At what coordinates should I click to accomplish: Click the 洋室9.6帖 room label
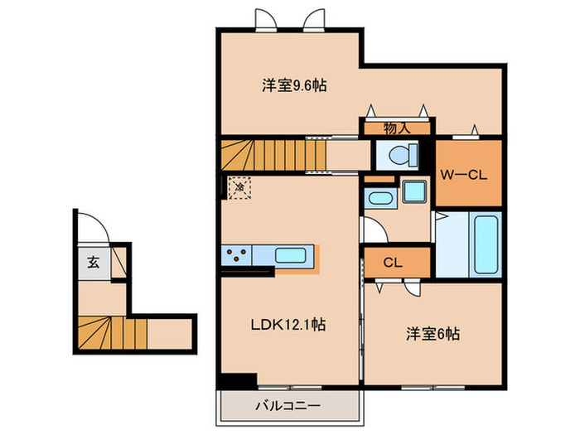(x=283, y=85)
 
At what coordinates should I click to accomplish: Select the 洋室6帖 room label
(x=433, y=335)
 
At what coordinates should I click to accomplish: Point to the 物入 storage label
(x=396, y=128)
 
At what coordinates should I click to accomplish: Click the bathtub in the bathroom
(x=486, y=244)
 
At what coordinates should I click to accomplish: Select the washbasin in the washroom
(x=379, y=198)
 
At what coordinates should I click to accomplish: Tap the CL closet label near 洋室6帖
(x=393, y=263)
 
